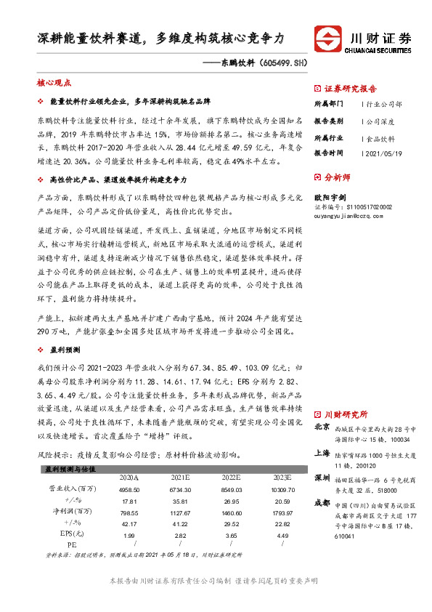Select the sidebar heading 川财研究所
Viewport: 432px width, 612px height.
346,412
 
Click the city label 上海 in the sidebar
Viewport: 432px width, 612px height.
322,452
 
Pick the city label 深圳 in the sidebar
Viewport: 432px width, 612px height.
322,478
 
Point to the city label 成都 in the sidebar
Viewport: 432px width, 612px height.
322,503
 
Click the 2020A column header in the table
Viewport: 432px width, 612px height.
129,478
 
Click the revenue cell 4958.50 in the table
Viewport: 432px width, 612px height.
129,490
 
